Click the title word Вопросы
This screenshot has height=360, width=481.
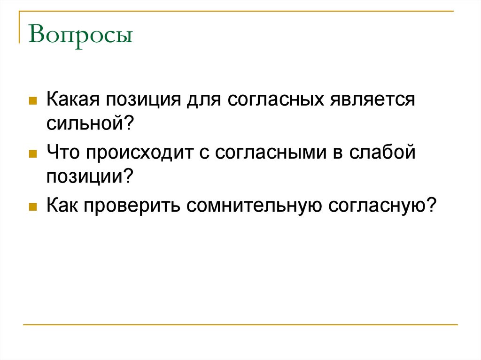tap(80, 37)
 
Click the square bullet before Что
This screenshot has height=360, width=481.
tap(33, 153)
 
